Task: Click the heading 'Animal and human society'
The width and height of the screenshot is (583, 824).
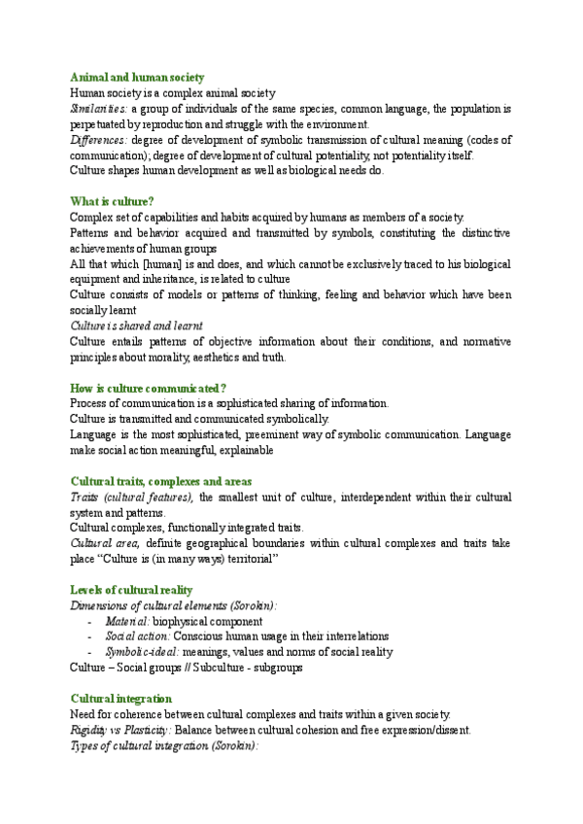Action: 136,77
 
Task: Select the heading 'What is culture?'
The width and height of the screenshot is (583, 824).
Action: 112,201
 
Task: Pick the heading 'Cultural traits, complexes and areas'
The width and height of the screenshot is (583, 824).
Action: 161,481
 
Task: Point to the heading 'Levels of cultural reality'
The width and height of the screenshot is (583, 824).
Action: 131,590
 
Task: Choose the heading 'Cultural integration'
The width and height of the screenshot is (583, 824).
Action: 121,699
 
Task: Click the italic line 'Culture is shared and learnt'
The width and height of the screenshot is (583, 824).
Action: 137,326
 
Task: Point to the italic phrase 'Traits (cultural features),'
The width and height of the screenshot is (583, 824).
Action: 133,497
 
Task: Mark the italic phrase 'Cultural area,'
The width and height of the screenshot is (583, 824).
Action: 105,543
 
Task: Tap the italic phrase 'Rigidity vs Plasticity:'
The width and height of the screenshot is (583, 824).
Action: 121,730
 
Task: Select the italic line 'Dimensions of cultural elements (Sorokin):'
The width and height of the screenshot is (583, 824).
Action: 173,605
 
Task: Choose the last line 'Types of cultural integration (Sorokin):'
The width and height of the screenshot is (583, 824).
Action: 163,745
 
